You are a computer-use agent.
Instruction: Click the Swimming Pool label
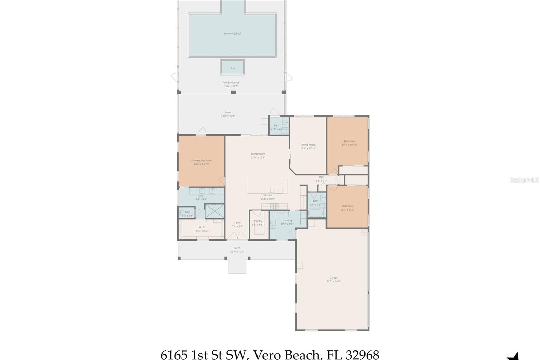[232, 34]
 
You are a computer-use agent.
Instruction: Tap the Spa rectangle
[232, 68]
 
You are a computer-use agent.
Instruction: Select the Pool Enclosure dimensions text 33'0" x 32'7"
[231, 86]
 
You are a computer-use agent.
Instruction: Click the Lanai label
[228, 112]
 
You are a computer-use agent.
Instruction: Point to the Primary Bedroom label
[201, 161]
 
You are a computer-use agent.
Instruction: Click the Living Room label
[258, 154]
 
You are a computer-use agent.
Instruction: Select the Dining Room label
[308, 145]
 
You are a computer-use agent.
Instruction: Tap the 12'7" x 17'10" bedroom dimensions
[349, 145]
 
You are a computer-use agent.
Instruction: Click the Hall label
[321, 177]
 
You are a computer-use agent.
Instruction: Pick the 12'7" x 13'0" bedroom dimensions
[347, 210]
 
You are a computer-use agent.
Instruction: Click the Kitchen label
[268, 195]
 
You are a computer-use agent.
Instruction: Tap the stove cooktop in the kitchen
[274, 205]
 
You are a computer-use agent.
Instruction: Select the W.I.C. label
[202, 227]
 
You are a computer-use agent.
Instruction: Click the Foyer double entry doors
[237, 237]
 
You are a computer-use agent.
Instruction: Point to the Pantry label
[258, 221]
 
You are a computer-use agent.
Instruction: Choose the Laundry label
[288, 220]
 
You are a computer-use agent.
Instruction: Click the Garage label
[333, 278]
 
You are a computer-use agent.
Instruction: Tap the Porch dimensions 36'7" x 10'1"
[237, 252]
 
